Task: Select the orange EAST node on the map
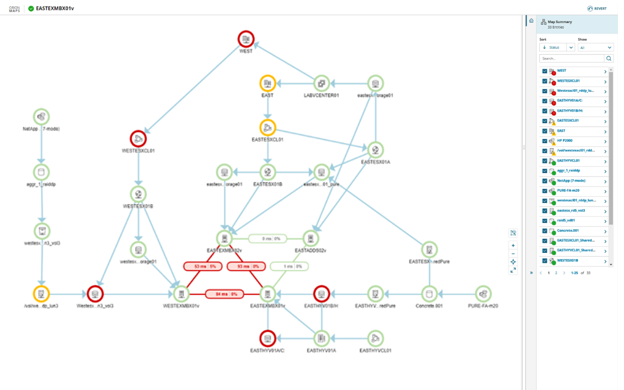267,83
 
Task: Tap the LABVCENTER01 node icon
322,83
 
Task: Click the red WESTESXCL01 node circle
138,138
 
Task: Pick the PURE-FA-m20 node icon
483,293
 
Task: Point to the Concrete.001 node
429,293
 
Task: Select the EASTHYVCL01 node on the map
375,338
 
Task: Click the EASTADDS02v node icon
311,239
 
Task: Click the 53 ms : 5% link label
200,266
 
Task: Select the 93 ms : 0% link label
243,266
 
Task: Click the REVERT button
597,9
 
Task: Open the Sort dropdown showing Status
557,48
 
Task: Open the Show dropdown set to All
595,48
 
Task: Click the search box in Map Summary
572,58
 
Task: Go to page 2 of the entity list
556,273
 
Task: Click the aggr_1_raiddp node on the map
41,172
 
